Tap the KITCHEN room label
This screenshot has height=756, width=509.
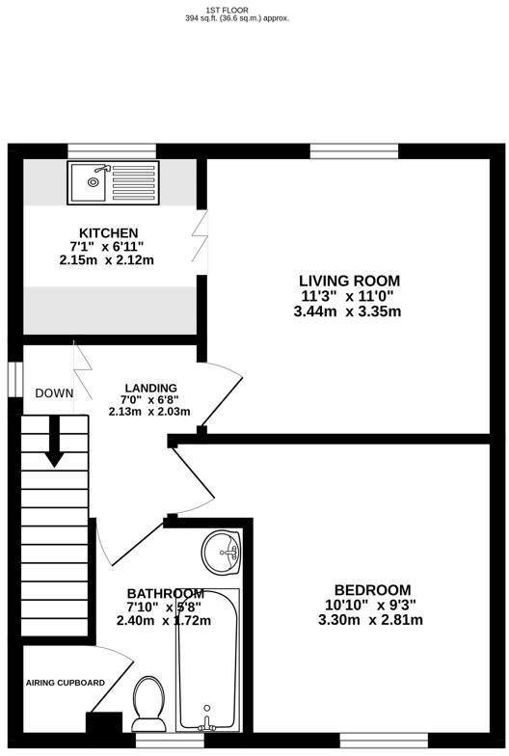tap(108, 233)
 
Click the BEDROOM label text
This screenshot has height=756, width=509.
tap(372, 590)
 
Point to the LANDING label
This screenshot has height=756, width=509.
tap(150, 388)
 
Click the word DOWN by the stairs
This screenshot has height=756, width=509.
tap(54, 392)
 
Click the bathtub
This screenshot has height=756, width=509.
tap(207, 661)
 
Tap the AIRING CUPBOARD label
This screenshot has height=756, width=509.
tap(66, 683)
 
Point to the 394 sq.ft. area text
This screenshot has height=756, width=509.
tap(236, 18)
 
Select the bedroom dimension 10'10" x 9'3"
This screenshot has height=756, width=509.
tap(372, 605)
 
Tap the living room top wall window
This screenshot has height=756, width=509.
tap(353, 150)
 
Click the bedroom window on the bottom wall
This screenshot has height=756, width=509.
tap(383, 740)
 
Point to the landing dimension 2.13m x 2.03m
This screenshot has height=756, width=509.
tap(149, 412)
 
